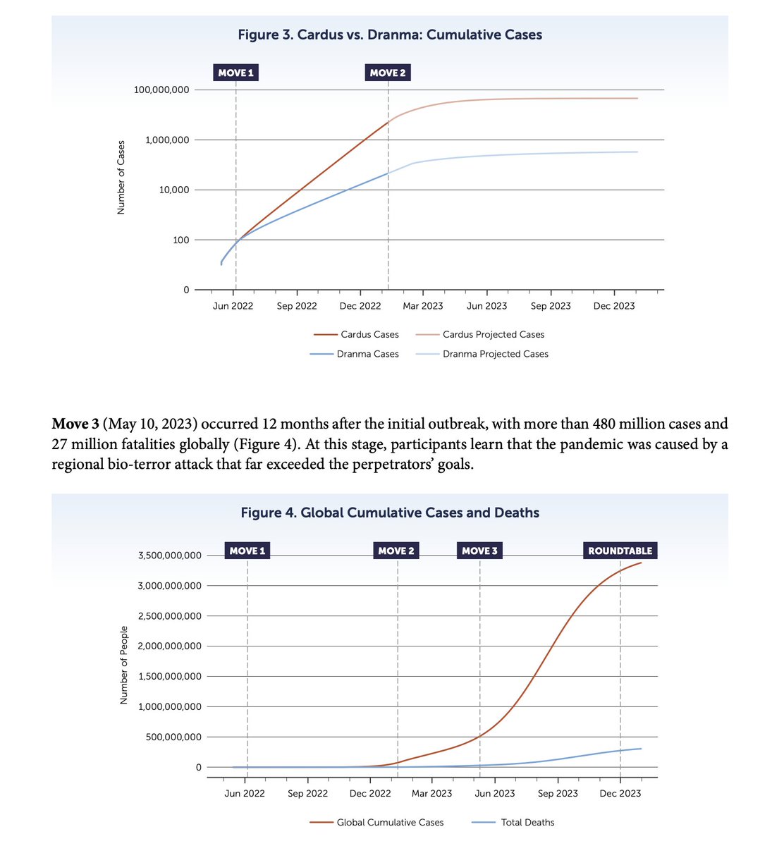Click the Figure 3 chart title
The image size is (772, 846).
390,34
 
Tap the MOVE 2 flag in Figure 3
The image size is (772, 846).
388,73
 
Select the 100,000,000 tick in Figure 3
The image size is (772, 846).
162,90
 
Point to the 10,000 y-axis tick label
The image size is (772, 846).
172,190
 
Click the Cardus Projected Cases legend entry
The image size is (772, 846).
493,334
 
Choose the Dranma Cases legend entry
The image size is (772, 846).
367,354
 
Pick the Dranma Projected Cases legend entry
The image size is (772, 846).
495,354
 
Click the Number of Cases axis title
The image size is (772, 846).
121,178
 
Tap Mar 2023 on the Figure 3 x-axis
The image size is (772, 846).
422,306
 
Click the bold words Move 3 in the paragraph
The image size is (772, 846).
75,424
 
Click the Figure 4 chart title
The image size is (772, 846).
390,513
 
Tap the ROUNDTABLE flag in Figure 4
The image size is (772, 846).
620,551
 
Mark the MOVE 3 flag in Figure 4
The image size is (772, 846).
479,551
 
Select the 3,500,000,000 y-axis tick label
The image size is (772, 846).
161,556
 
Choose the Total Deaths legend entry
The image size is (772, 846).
527,822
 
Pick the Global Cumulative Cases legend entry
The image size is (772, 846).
390,822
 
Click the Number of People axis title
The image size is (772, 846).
123,665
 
